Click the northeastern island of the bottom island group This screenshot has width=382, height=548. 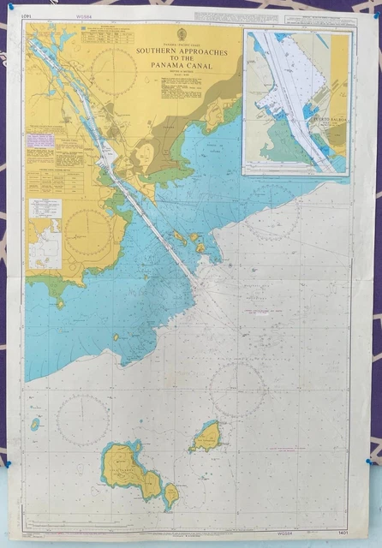pos(206,438)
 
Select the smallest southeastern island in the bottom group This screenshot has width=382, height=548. pos(171,494)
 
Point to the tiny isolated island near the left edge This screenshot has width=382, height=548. pos(36,424)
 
